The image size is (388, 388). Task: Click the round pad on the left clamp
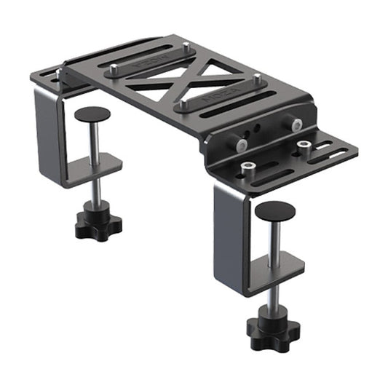(x=92, y=114)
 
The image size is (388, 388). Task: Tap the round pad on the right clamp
(x=274, y=211)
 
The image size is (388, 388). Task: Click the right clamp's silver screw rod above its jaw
(x=274, y=237)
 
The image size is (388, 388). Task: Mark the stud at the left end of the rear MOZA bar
(x=115, y=69)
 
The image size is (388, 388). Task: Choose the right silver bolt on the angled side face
(x=297, y=125)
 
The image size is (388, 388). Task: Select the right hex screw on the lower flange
(x=303, y=148)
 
